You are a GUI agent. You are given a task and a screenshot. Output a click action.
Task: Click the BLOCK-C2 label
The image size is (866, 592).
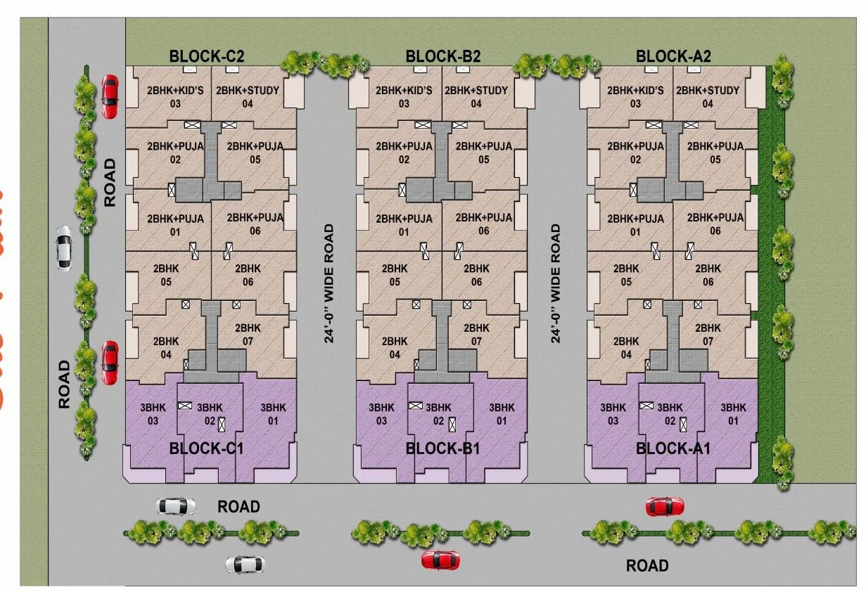pos(206,57)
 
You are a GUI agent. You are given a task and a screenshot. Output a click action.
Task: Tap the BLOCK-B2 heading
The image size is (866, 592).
pos(443,57)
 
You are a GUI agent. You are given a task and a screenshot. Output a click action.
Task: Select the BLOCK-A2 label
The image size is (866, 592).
pos(673,57)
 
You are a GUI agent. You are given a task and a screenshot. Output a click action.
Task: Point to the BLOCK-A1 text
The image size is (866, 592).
pos(673,449)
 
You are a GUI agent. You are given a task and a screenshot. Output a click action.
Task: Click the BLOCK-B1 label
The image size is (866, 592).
pos(442,449)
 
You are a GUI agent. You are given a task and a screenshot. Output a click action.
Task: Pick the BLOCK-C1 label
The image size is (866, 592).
pos(206,449)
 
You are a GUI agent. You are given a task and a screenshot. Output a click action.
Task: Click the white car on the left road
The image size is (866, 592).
pos(63,247)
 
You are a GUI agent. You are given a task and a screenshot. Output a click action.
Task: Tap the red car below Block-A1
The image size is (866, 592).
pos(664,506)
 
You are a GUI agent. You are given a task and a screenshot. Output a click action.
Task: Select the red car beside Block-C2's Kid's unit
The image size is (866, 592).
pos(109,96)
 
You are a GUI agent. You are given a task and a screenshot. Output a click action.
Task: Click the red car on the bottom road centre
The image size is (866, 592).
pos(440,560)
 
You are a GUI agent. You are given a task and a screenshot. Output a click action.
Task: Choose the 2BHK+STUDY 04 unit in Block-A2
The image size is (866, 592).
pos(708,97)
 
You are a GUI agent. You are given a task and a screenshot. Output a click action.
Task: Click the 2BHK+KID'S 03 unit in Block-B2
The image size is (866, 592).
pos(404,97)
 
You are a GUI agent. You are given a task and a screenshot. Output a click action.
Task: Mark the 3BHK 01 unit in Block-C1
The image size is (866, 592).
pos(273,414)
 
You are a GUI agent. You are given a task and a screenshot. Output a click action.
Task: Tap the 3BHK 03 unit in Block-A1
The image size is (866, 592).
pos(613,414)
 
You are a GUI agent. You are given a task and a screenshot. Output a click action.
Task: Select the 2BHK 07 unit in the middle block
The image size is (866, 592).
pos(476,335)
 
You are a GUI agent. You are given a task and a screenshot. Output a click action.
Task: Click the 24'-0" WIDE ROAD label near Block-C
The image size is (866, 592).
pos(329,283)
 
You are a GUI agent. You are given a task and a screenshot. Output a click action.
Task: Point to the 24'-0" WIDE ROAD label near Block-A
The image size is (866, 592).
pos(556,283)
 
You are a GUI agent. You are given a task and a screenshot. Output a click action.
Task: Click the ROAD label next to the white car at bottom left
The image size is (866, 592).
pos(238,506)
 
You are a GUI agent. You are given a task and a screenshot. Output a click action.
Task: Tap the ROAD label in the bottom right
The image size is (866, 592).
pos(647,565)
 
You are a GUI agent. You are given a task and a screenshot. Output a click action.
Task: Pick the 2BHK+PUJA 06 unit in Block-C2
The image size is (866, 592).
pos(255,224)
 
